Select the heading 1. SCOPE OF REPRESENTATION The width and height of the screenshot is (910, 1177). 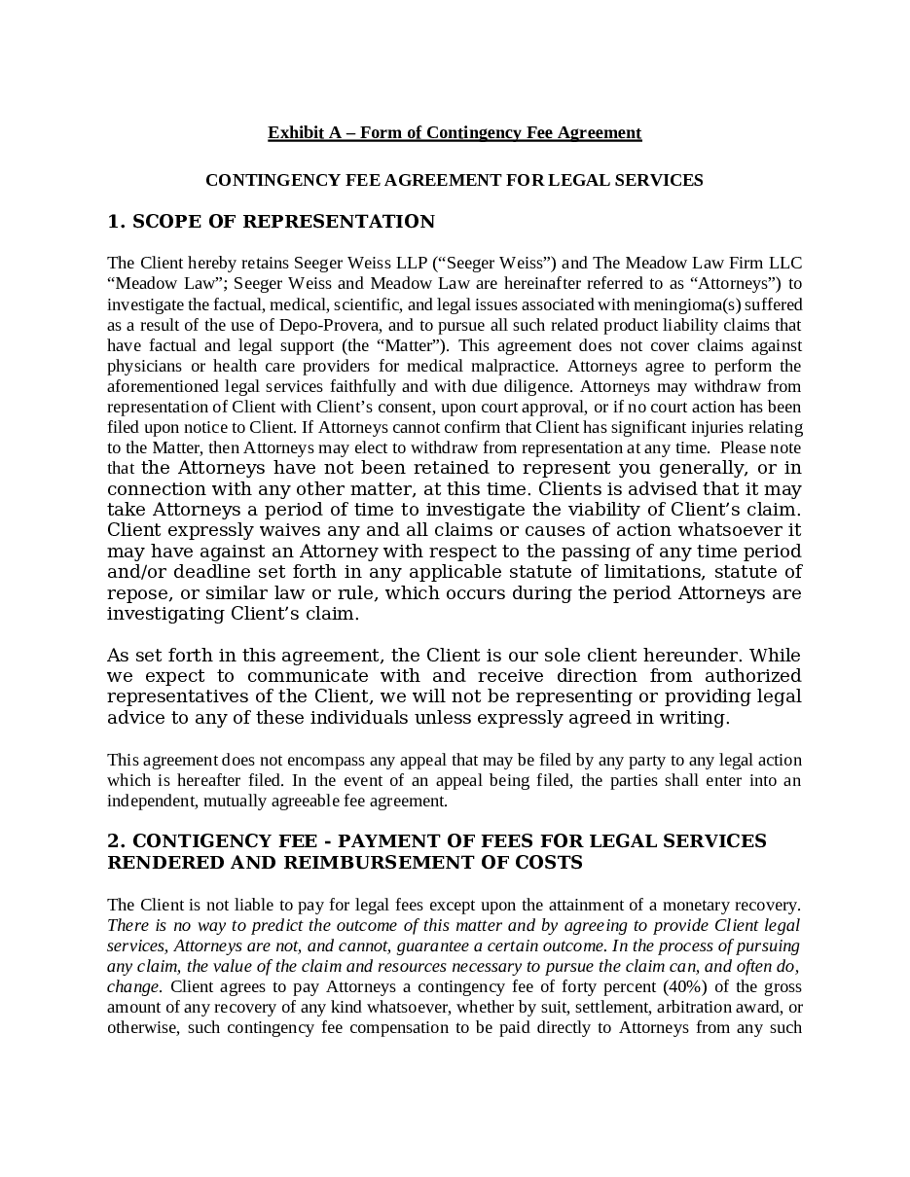coord(271,222)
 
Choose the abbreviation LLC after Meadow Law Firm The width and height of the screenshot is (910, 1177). coord(785,263)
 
